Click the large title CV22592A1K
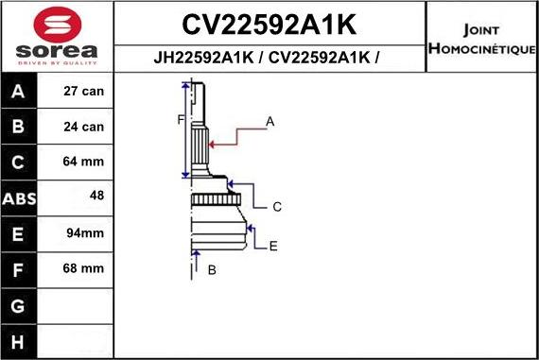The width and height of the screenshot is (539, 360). coord(269,23)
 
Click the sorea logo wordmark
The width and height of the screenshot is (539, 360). coord(56,48)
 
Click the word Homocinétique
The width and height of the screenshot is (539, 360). coord(481,47)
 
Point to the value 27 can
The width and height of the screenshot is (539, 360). coord(83,92)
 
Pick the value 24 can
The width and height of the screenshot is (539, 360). coord(83,127)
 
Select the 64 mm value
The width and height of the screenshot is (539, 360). coord(83,162)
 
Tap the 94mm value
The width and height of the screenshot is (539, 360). coord(84,232)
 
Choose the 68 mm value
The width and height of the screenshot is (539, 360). coord(83,268)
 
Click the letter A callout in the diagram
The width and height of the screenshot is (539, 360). coord(269,121)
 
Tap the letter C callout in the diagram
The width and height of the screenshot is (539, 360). coord(277,206)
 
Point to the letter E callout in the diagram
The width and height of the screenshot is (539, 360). coord(272,246)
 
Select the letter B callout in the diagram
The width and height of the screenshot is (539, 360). coord(212,270)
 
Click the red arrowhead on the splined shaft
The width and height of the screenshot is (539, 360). coord(213,144)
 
